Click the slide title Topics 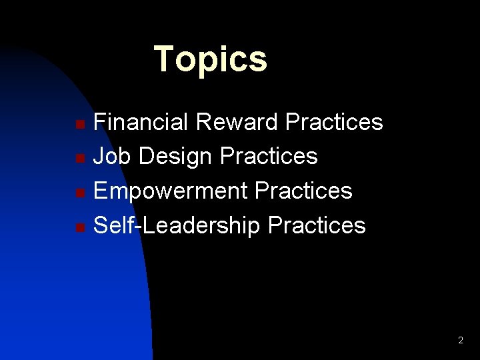pos(210,59)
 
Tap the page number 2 pos(460,341)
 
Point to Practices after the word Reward pos(334,122)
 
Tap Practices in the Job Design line pos(269,157)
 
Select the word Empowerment pos(170,191)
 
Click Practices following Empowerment pos(303,191)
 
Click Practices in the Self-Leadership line pos(317,226)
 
